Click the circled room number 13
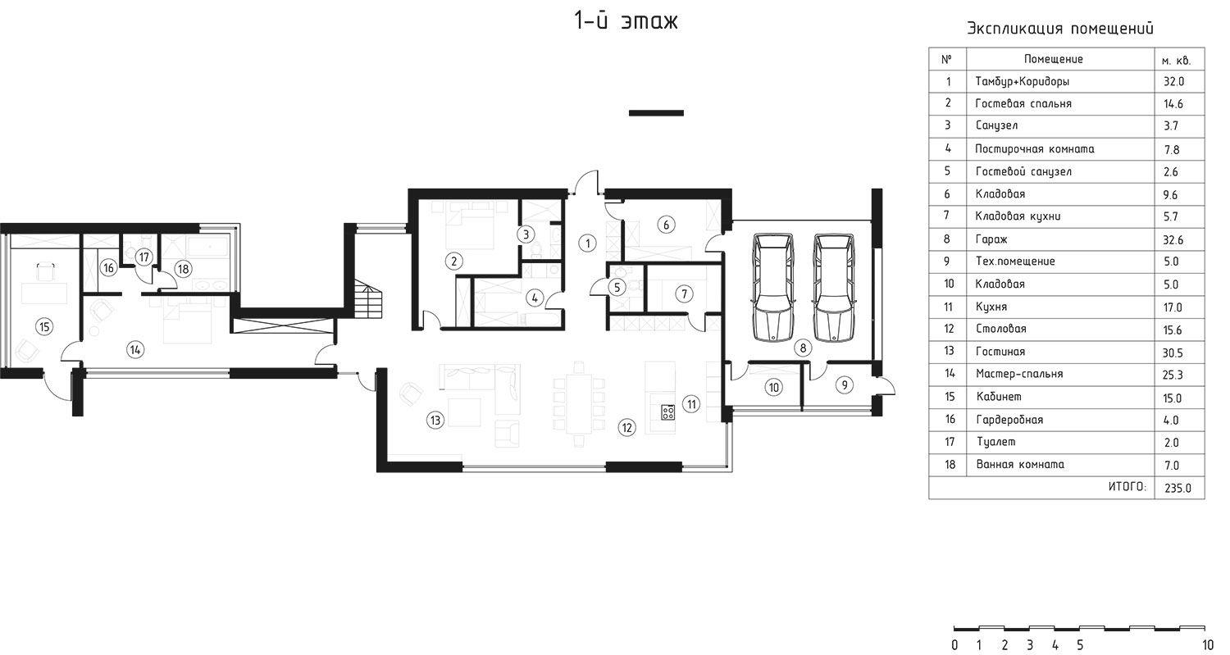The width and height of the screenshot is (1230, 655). (x=435, y=421)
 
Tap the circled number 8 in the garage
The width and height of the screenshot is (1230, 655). (x=803, y=348)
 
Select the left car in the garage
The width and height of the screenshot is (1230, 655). (x=774, y=288)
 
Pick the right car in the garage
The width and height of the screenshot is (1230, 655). (x=834, y=288)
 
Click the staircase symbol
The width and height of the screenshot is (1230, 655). (x=368, y=298)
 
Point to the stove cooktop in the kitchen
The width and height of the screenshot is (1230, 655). (x=668, y=412)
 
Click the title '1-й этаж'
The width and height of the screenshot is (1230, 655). (x=626, y=20)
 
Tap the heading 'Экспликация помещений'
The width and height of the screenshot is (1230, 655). (x=1059, y=29)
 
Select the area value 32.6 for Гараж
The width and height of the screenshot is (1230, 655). (x=1173, y=239)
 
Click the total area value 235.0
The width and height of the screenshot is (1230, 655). (x=1178, y=488)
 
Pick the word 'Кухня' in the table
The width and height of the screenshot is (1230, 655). (x=991, y=307)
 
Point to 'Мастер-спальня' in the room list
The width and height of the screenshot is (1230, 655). (x=1019, y=374)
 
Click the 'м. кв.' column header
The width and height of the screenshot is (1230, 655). (x=1176, y=61)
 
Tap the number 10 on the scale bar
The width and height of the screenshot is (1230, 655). (x=1208, y=645)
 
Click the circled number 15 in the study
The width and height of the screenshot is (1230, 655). (x=44, y=327)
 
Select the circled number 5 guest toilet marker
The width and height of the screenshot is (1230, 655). (x=617, y=287)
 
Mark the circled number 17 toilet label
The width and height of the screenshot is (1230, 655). (x=143, y=257)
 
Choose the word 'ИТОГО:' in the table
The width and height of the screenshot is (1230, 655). (x=1127, y=486)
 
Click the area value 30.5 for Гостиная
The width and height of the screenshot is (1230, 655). (x=1173, y=353)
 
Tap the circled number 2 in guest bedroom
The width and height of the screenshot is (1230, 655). (x=453, y=262)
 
